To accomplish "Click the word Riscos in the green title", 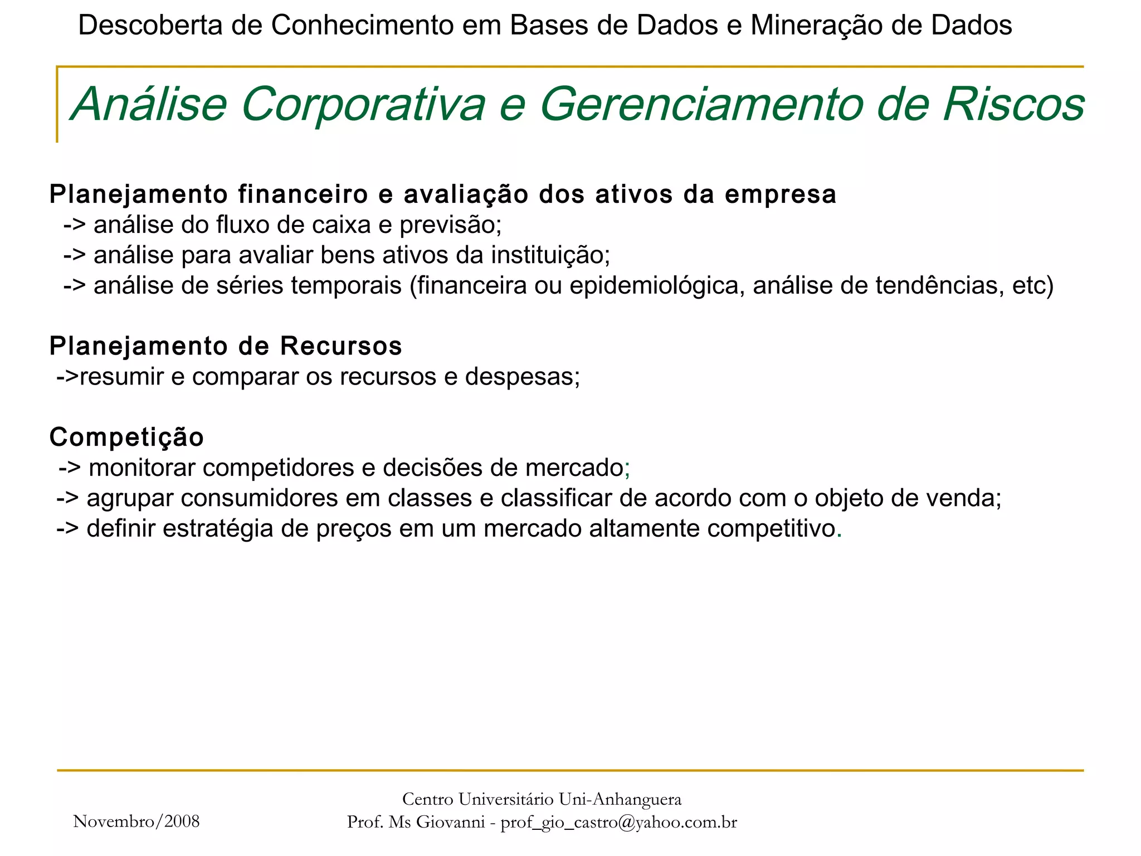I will (x=1013, y=105).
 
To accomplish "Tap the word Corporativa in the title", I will (x=363, y=105).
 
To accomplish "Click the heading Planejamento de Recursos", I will (x=226, y=346).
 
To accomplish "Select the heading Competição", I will (x=127, y=437).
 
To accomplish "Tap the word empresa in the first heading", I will (x=780, y=195).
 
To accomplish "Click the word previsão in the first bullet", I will (x=450, y=225).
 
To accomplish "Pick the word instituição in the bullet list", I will (x=550, y=255).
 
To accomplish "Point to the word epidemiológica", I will (x=657, y=286).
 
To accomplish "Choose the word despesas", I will (x=522, y=377).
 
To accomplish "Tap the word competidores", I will (x=278, y=468).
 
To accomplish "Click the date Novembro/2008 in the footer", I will (x=136, y=821).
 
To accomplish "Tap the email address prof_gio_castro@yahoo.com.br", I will (x=618, y=823).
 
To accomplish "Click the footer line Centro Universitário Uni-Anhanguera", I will (x=542, y=799).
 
